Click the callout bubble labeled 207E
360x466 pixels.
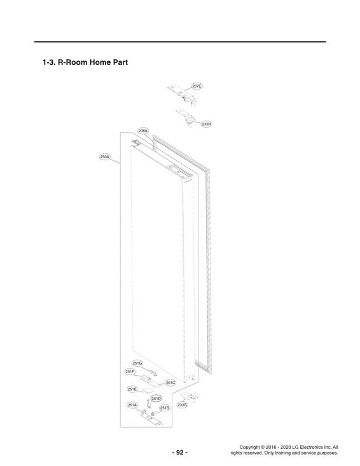tap(197, 86)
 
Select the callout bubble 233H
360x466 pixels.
tap(206, 124)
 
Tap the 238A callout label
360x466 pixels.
tap(143, 131)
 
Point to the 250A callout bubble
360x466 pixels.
tap(105, 156)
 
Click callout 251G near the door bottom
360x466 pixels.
tap(137, 363)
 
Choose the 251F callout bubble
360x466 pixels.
tap(130, 371)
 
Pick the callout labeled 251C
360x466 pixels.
tap(170, 383)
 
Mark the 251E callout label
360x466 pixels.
tap(132, 389)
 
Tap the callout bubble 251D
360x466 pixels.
tap(156, 398)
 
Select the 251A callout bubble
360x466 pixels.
tap(132, 405)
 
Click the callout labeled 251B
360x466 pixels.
tap(164, 408)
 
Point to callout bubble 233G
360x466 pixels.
tap(183, 405)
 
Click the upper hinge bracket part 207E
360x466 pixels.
tap(182, 95)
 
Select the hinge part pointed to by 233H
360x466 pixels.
tap(187, 118)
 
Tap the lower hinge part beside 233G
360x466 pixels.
tap(190, 397)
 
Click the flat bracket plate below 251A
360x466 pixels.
tap(151, 419)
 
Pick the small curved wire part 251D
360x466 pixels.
tap(149, 403)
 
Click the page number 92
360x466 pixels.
tap(180, 453)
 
